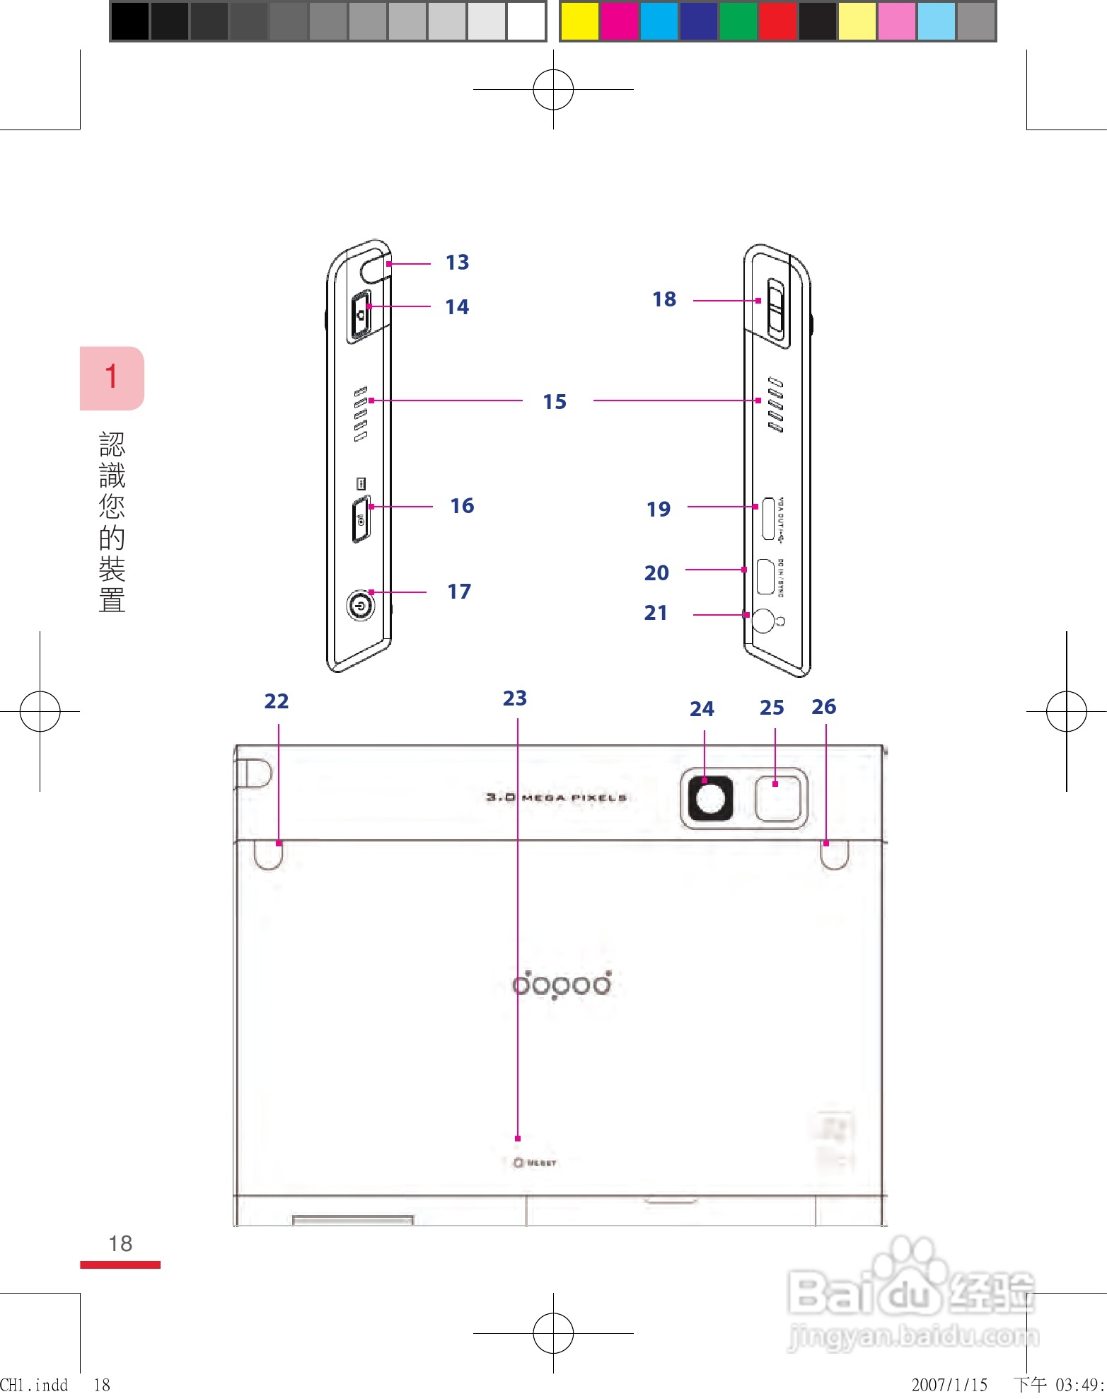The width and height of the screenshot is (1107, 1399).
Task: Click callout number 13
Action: pyautogui.click(x=457, y=263)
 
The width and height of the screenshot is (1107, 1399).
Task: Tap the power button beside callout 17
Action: pyautogui.click(x=360, y=606)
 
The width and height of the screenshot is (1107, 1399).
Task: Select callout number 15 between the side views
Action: pyautogui.click(x=555, y=402)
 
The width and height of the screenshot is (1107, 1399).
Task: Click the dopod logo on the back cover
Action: pyautogui.click(x=562, y=984)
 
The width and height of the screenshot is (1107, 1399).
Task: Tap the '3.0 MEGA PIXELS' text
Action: pyautogui.click(x=556, y=798)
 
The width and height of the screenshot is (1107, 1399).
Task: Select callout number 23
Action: pyautogui.click(x=515, y=698)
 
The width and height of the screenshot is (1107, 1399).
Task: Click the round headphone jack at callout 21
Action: pyautogui.click(x=764, y=621)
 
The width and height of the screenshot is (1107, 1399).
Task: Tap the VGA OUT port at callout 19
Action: pyautogui.click(x=767, y=519)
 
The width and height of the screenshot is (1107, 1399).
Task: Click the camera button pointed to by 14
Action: pyautogui.click(x=361, y=315)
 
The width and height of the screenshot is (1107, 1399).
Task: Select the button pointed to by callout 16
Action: pyautogui.click(x=361, y=520)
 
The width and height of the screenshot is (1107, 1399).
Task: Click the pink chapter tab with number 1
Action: pyautogui.click(x=112, y=378)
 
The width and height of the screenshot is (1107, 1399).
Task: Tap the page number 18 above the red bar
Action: pyautogui.click(x=120, y=1243)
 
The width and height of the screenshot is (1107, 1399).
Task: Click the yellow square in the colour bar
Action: pyautogui.click(x=579, y=21)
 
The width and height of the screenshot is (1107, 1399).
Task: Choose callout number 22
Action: pyautogui.click(x=276, y=701)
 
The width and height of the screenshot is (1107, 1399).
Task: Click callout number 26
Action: pyautogui.click(x=823, y=707)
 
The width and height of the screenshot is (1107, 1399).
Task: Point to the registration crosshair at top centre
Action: pyautogui.click(x=553, y=90)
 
